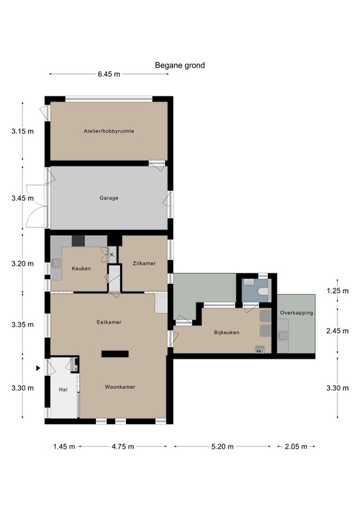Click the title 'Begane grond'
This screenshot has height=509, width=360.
(x=180, y=65)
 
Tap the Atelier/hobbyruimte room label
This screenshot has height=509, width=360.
(x=109, y=131)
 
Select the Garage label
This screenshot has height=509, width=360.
(x=109, y=198)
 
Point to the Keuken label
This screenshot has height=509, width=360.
(x=82, y=268)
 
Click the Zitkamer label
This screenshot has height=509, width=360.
(x=144, y=263)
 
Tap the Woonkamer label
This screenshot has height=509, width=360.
(x=119, y=386)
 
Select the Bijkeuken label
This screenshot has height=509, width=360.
(x=226, y=333)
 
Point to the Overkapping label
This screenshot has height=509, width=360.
(x=296, y=312)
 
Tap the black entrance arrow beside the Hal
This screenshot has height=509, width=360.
(x=39, y=367)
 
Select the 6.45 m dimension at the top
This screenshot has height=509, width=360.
(x=109, y=74)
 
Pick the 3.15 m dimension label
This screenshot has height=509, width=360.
(x=22, y=131)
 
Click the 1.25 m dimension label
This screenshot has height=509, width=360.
(x=337, y=290)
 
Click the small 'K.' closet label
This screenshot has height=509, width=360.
(x=112, y=254)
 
